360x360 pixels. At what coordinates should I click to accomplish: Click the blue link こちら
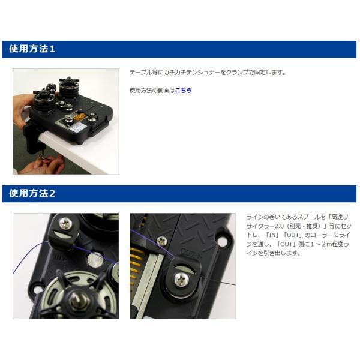(x=183, y=90)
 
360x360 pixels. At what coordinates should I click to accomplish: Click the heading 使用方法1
(x=32, y=49)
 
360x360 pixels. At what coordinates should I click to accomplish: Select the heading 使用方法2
(x=32, y=193)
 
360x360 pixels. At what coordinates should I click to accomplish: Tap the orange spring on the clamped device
(x=80, y=118)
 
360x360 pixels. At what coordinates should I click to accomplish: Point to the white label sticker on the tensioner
(x=77, y=127)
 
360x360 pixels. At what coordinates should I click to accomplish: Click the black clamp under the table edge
(x=31, y=137)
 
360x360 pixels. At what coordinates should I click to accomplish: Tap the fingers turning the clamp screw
(x=49, y=163)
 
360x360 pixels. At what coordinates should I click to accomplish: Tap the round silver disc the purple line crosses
(x=95, y=259)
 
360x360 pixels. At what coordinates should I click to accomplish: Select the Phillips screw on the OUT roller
(x=182, y=280)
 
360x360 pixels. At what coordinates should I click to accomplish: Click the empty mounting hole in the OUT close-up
(x=222, y=241)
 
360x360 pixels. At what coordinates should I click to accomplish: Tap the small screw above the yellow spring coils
(x=162, y=241)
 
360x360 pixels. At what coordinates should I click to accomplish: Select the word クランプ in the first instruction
(x=238, y=73)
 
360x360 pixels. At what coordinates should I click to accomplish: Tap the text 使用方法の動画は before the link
(x=152, y=90)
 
